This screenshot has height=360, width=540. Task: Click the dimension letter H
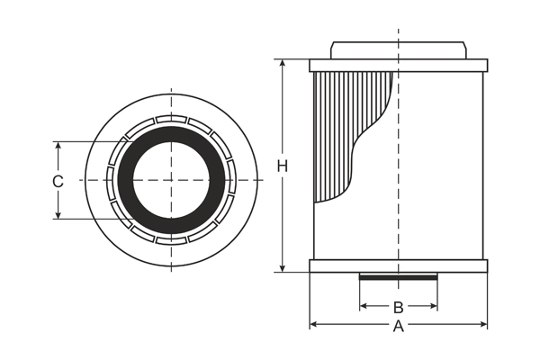coord(282,166)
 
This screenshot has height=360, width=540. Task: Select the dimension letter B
coord(398,307)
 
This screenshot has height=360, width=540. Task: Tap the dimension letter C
coord(58,181)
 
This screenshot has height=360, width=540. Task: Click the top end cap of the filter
coord(398,66)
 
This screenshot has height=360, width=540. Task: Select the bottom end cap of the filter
coord(398,266)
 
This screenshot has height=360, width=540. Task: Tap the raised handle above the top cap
coord(398,49)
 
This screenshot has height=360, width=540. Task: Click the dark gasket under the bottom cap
coord(398,277)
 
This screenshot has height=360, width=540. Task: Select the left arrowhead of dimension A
coord(313,324)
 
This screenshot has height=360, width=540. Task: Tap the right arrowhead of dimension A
coord(483,324)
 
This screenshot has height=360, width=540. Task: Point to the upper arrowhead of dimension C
coord(58,145)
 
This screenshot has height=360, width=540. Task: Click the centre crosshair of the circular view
coord(171,180)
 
